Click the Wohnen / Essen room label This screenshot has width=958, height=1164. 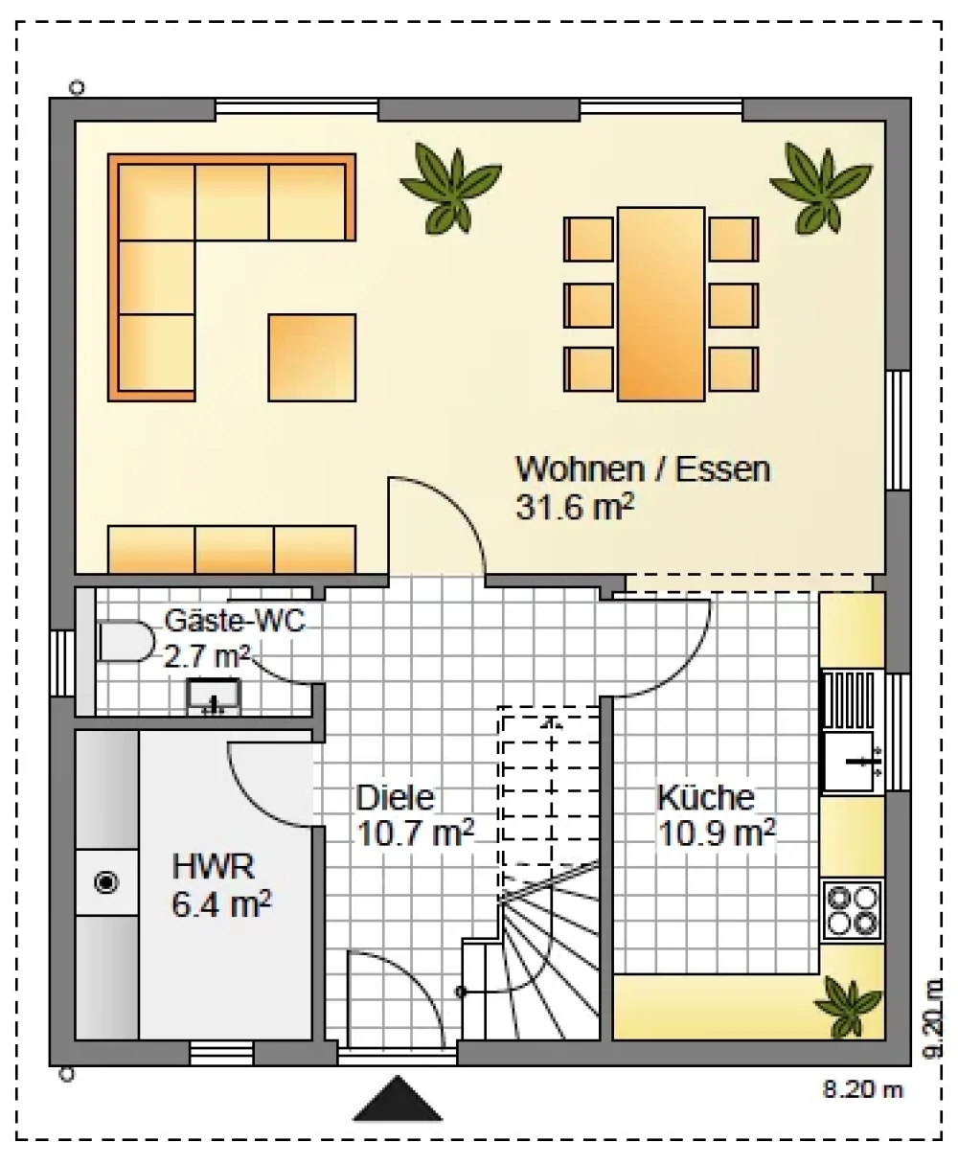643,469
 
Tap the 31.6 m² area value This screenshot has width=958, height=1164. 575,507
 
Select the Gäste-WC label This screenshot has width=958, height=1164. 235,621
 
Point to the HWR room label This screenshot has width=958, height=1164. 213,866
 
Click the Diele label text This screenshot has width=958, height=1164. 395,797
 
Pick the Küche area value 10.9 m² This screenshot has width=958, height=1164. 717,833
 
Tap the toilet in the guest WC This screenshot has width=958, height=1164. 125,642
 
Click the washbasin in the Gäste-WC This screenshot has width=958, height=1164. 214,697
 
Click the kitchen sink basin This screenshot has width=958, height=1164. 850,762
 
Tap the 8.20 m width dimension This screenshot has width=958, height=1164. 862,1089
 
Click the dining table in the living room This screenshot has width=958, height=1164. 661,304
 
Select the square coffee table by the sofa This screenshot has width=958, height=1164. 311,357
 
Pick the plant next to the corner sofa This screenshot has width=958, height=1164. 451,188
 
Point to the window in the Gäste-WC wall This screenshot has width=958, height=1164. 62,663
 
